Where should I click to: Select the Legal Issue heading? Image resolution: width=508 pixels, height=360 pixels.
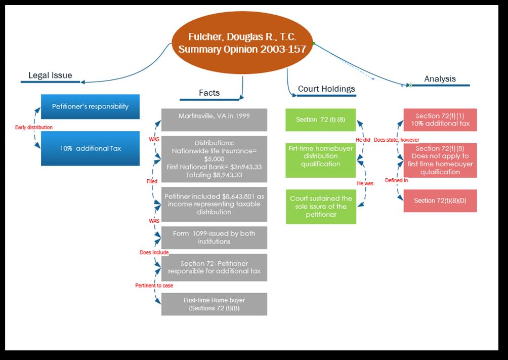50,75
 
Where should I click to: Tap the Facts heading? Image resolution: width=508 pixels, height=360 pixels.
209,93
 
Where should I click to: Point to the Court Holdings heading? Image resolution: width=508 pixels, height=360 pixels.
326,89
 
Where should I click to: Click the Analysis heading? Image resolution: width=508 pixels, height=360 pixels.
440,78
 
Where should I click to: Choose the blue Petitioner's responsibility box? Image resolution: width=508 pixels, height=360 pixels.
90,106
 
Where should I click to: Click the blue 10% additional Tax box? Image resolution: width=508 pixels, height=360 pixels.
90,148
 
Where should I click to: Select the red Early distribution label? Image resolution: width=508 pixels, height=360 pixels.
34,127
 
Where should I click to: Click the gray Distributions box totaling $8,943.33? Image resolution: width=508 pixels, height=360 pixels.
214,159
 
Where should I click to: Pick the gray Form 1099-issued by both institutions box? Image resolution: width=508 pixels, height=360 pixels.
214,237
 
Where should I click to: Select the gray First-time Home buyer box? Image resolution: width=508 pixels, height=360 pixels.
214,304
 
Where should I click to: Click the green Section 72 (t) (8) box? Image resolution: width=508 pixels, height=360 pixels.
320,119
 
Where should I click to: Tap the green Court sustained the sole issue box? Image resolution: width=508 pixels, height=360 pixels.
320,207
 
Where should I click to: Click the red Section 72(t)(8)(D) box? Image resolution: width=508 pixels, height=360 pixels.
440,201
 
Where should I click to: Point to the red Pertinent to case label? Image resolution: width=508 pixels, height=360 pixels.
154,286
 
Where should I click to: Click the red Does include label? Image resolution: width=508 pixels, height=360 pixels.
154,252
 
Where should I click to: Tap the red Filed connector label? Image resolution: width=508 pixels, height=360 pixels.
152,181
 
